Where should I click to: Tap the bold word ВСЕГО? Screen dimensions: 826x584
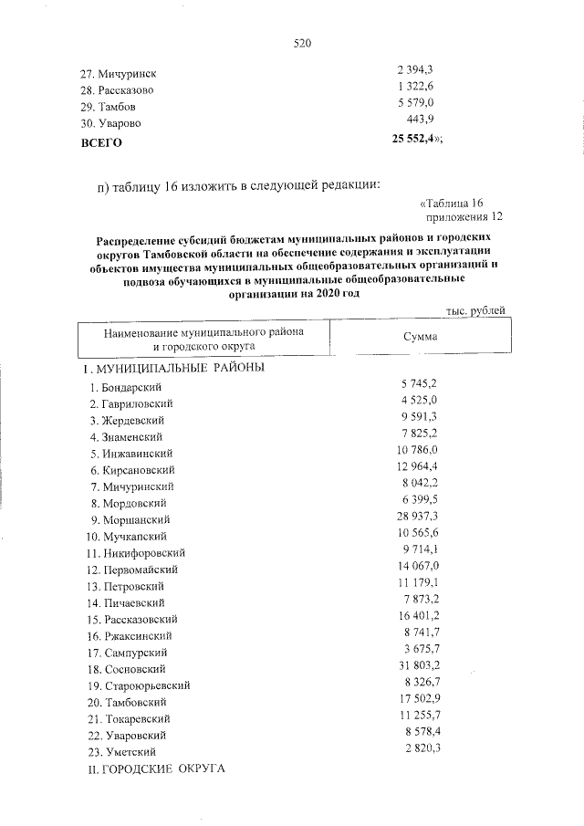click(x=100, y=143)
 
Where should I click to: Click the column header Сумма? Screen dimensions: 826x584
click(x=420, y=337)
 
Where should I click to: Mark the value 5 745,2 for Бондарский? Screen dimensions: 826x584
click(x=420, y=384)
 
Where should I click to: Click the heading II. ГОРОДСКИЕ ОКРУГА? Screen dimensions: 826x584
click(x=153, y=770)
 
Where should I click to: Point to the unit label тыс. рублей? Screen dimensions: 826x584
click(x=475, y=311)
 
